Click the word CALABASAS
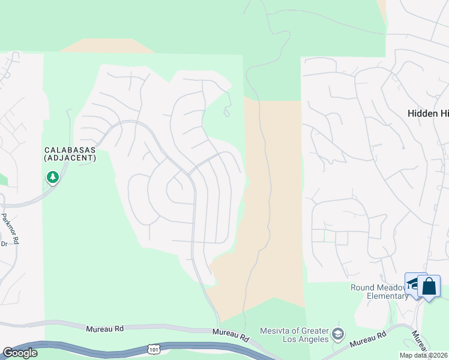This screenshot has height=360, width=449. [70, 150]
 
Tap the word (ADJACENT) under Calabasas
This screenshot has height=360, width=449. [70, 158]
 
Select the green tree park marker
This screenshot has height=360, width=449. [53, 177]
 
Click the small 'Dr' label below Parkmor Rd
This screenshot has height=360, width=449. [4, 244]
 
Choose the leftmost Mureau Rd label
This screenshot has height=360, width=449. [104, 329]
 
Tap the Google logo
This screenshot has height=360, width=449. [20, 353]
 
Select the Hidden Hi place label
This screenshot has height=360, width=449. [428, 113]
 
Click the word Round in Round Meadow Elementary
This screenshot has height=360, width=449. [364, 287]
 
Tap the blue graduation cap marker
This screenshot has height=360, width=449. [415, 283]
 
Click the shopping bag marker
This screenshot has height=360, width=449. [429, 286]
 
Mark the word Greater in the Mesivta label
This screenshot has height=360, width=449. [313, 331]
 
